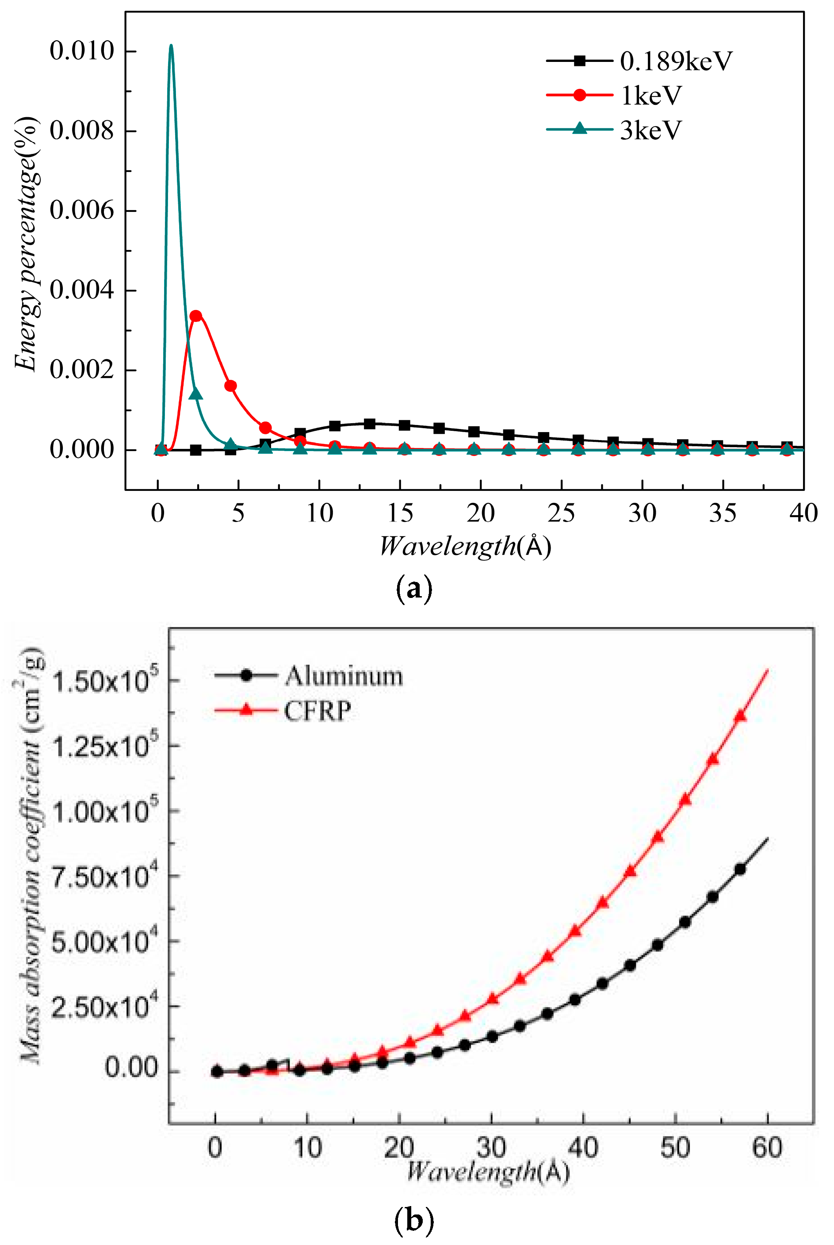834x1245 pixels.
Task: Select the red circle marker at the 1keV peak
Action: coord(196,316)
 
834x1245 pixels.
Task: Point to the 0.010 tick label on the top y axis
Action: coord(82,52)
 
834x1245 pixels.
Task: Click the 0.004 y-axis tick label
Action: coord(82,291)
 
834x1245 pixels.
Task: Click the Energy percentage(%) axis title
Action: coord(27,245)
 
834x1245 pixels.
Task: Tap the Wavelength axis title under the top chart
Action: coord(465,546)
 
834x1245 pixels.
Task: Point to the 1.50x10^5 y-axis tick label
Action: coord(105,681)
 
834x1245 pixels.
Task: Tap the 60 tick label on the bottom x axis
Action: coord(766,1148)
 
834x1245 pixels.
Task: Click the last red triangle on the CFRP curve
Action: coord(740,716)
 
